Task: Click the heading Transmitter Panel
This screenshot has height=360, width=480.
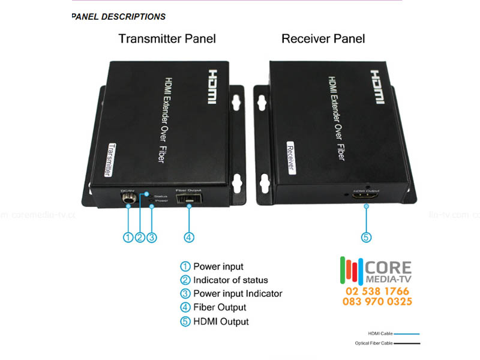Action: tap(167, 39)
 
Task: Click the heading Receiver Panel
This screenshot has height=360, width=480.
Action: tap(323, 39)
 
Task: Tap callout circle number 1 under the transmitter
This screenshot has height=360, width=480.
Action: tap(128, 237)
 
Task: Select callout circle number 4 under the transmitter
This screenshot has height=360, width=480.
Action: tap(189, 237)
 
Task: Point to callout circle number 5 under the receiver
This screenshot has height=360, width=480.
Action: tap(367, 237)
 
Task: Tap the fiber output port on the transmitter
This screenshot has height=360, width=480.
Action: tap(188, 199)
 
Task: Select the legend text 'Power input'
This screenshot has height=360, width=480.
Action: tap(218, 266)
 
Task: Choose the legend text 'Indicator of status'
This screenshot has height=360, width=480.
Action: tap(230, 280)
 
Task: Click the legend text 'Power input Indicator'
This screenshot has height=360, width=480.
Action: tap(237, 294)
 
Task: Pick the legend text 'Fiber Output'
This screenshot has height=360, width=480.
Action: tap(220, 308)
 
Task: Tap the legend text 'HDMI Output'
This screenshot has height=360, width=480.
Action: tap(221, 322)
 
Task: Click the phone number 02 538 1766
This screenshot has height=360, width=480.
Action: tap(377, 291)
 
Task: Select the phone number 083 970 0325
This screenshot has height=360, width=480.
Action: tap(377, 301)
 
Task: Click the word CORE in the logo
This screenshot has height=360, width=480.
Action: tap(388, 268)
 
